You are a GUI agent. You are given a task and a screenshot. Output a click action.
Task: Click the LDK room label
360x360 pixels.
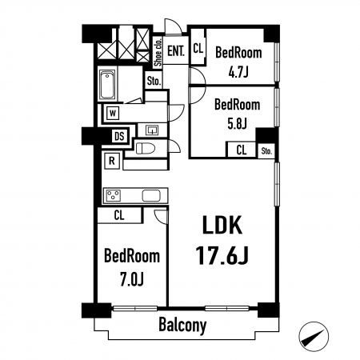coord(222,225)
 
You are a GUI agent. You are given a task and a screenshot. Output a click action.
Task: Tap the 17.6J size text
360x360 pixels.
coord(222,255)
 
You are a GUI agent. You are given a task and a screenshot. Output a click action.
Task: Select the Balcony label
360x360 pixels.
coord(182,325)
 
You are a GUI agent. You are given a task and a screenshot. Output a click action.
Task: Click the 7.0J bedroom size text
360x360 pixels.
coord(132,279)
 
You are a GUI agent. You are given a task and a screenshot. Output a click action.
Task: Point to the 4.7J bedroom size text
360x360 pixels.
coord(238,71)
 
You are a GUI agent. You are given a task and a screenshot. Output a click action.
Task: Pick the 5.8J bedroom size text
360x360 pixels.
coord(237,123)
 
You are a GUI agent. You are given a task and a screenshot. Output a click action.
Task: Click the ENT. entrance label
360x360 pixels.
coord(176,50)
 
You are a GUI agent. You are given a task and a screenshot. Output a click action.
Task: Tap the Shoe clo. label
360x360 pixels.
coord(158,52)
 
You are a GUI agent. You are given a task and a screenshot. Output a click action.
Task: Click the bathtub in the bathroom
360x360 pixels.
coord(107,84)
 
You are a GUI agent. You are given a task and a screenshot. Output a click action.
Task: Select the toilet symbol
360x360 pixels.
coord(146,148)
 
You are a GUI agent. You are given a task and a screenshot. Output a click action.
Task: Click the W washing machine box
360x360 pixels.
coord(113,114)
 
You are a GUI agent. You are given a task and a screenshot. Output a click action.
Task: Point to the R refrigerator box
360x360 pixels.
coord(112,161)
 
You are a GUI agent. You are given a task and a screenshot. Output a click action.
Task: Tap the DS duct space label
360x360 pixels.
coord(119,136)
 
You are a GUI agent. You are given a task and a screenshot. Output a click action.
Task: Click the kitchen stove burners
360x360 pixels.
coord(114,195)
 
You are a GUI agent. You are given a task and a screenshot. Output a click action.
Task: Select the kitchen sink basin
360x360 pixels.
coord(151,196)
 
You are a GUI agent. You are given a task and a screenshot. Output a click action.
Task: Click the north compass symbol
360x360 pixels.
coord(314,337)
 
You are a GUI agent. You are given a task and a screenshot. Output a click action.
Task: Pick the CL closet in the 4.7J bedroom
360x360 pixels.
coord(198,48)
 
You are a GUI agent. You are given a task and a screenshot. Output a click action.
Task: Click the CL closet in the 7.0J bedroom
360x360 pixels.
coord(119,215)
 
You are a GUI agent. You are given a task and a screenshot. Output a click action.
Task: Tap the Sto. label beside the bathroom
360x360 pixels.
coord(154,81)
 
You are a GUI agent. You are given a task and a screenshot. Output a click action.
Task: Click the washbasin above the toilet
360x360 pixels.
coord(152,130)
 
